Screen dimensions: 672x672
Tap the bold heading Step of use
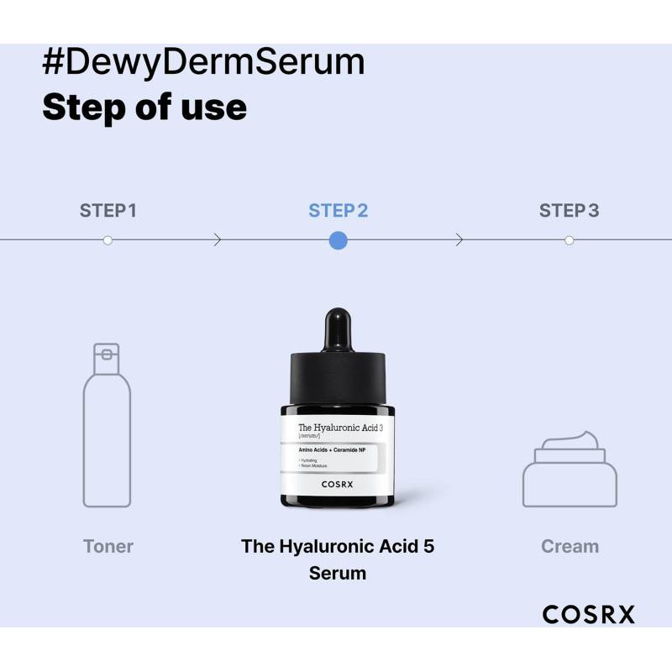144,107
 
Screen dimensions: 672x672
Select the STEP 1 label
108,210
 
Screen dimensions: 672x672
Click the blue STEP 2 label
338,210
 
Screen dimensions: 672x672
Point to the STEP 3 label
569,210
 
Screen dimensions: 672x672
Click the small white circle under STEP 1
108,240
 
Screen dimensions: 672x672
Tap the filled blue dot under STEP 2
338,240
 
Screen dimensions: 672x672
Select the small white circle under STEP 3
569,240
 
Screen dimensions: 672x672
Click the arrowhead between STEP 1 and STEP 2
218,240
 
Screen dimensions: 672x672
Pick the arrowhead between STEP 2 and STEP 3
459,240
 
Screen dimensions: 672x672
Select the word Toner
108,546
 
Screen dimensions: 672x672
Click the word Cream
570,546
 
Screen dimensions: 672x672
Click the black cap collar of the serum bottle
337,378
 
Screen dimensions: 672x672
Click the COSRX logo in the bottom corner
588,614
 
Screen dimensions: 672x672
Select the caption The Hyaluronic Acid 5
338,546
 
